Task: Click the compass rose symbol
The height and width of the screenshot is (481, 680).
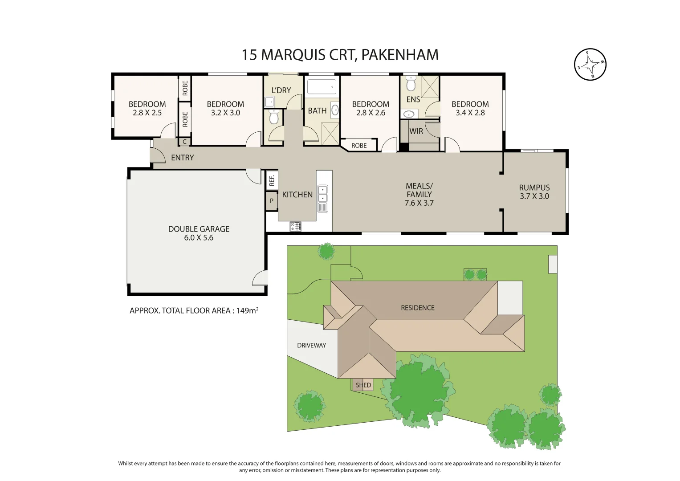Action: click(x=590, y=65)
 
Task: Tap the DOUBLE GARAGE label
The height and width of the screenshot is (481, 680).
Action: click(x=199, y=229)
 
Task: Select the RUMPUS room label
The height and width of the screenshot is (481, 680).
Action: click(x=534, y=188)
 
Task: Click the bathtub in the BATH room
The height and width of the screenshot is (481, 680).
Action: click(x=322, y=86)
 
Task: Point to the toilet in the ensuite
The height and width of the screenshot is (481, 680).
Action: click(x=411, y=84)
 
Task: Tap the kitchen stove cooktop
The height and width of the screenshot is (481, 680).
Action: click(x=296, y=226)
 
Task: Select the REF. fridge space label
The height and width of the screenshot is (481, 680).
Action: click(x=272, y=180)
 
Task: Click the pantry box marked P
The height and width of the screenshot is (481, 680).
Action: click(x=272, y=201)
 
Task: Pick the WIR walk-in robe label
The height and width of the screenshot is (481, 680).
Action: click(x=416, y=131)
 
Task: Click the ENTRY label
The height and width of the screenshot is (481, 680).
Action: click(x=182, y=158)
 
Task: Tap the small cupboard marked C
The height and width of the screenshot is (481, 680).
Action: click(x=185, y=142)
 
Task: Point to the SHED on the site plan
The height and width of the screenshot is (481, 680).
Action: click(x=363, y=385)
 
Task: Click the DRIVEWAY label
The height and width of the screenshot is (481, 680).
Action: click(x=311, y=345)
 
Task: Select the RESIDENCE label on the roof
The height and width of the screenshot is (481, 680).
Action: click(x=417, y=308)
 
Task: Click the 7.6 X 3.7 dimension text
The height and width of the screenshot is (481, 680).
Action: click(x=419, y=203)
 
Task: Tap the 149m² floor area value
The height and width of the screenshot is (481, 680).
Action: click(x=247, y=310)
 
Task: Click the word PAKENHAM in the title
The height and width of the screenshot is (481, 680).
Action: click(x=399, y=55)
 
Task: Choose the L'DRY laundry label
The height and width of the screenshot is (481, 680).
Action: click(x=281, y=90)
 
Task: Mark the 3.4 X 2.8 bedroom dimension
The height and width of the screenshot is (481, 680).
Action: click(x=470, y=113)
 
